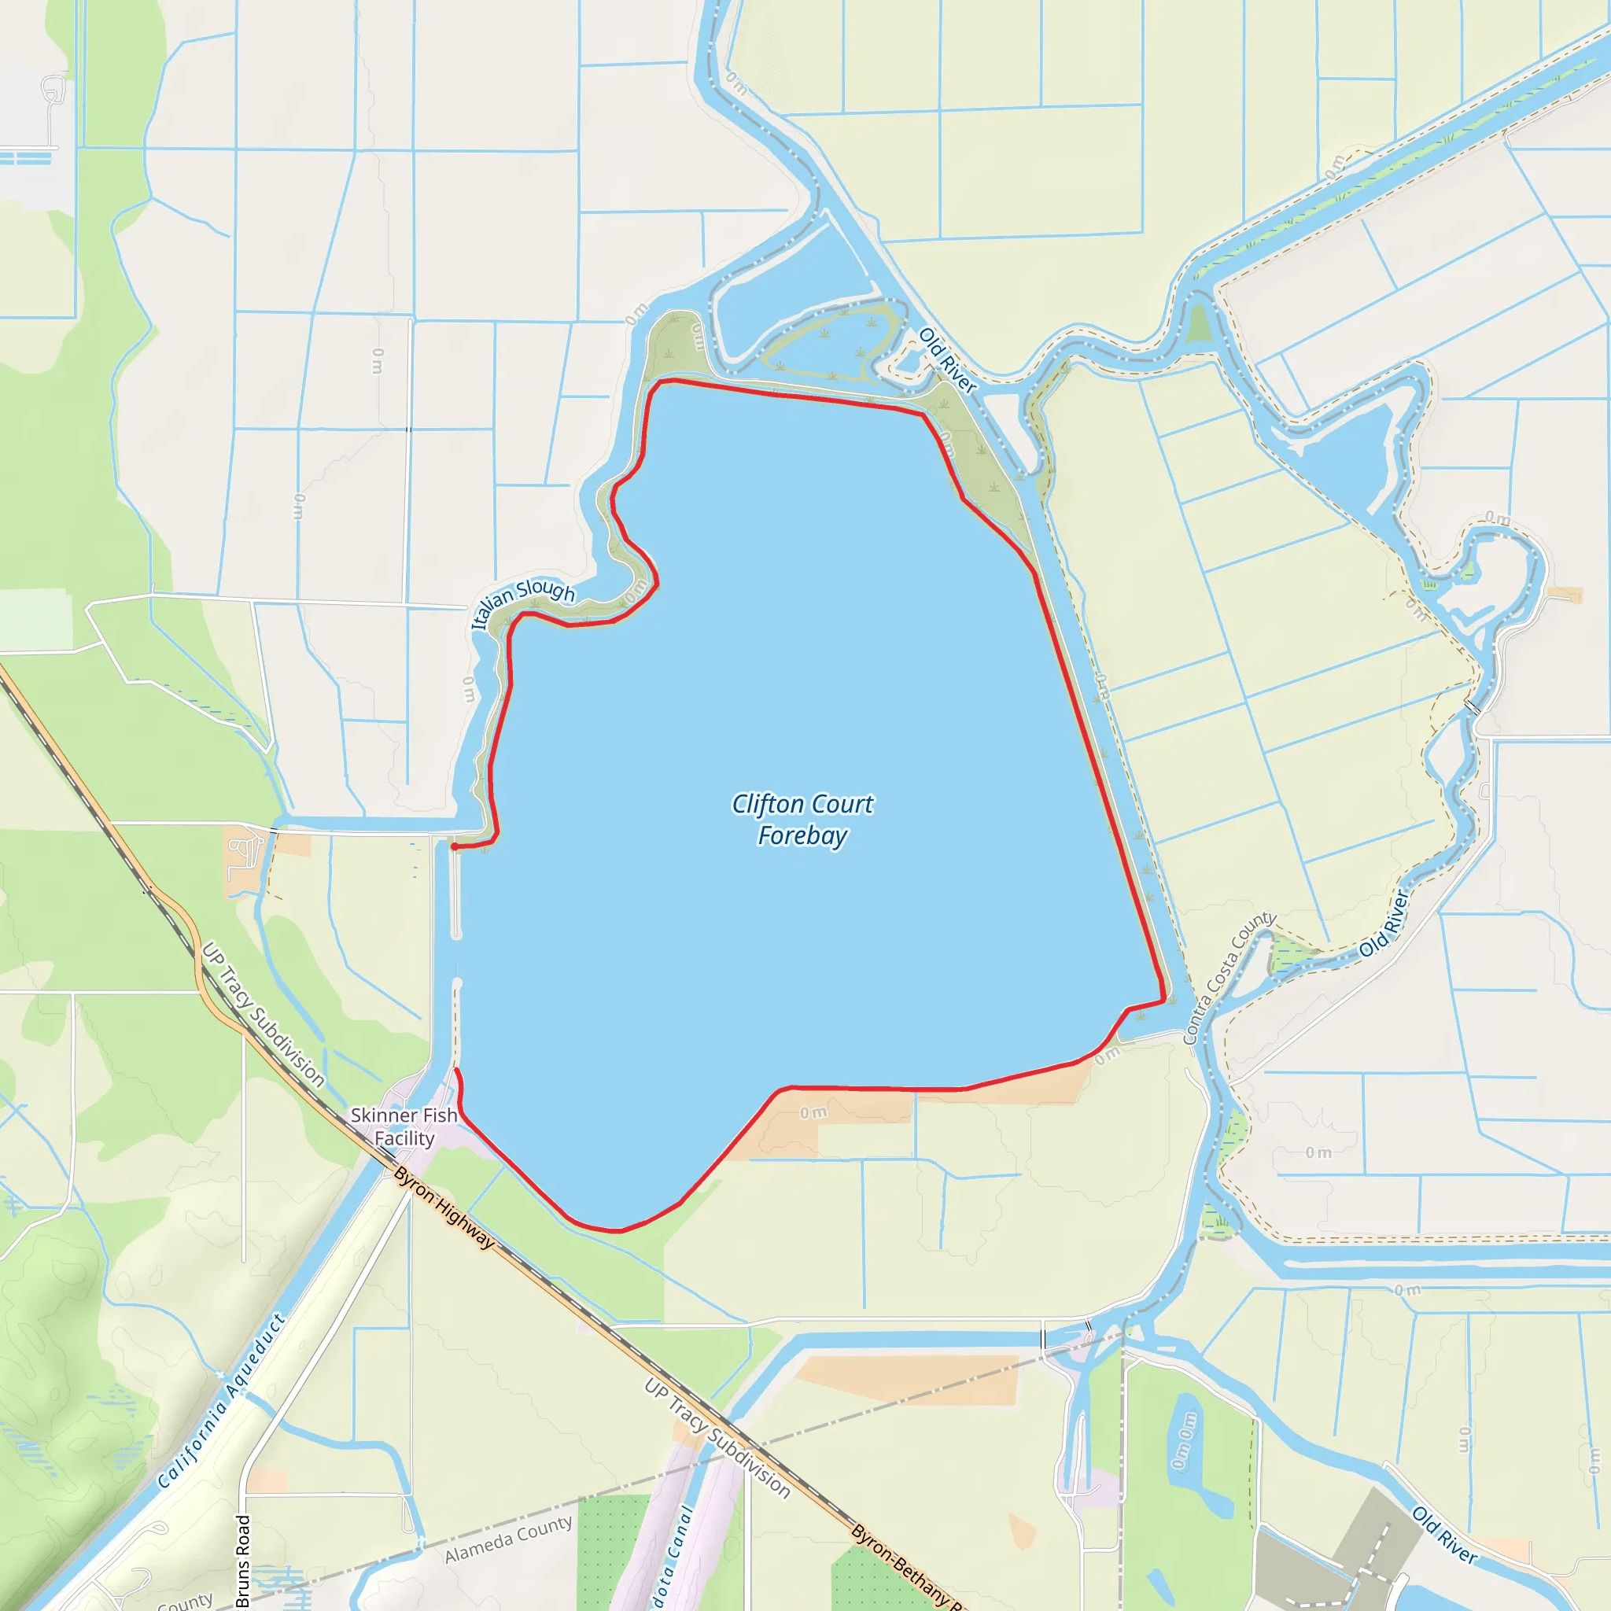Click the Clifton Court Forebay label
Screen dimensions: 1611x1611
[x=802, y=819]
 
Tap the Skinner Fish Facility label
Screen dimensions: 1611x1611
[x=404, y=1126]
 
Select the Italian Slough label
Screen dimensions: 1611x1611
[x=523, y=602]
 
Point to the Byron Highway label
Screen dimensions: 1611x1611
[x=444, y=1207]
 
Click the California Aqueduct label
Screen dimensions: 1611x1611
[x=222, y=1400]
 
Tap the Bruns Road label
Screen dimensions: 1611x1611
[x=242, y=1560]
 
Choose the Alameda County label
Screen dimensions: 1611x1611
[x=509, y=1539]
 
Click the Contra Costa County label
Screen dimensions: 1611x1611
[x=1229, y=977]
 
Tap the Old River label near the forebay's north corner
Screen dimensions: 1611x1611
[x=947, y=360]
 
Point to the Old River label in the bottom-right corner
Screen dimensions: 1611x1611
[x=1444, y=1534]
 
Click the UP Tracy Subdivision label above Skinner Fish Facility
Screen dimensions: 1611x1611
[x=263, y=1014]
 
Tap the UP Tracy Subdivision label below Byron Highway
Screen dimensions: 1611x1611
[x=717, y=1436]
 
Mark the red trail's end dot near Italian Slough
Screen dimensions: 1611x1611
[x=454, y=846]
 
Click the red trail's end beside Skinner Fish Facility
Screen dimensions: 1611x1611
[x=455, y=1071]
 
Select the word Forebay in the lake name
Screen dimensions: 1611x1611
[x=802, y=835]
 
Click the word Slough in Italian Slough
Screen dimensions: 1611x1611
[x=546, y=591]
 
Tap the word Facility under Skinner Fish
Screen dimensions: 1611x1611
[x=404, y=1138]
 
